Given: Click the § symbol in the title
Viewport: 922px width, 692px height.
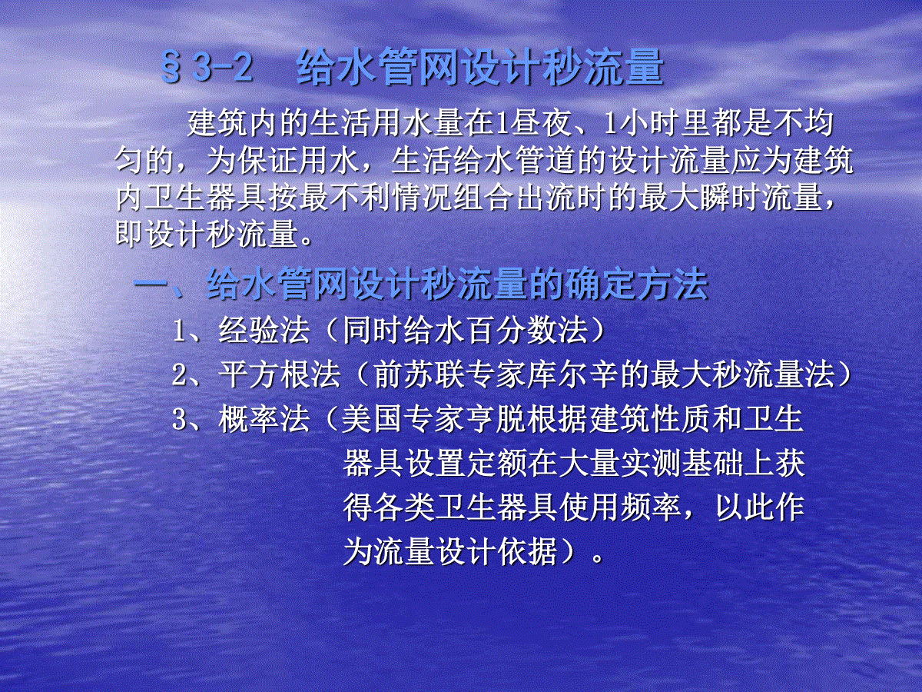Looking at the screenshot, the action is pyautogui.click(x=171, y=67).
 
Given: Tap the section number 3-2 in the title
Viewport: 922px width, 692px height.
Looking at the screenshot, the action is pyautogui.click(x=223, y=67).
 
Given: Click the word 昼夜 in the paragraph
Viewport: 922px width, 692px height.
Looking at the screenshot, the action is pyautogui.click(x=542, y=123).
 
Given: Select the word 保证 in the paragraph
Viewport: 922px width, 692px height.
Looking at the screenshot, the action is pyautogui.click(x=267, y=161).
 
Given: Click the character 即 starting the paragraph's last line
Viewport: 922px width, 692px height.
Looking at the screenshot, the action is pyautogui.click(x=130, y=234).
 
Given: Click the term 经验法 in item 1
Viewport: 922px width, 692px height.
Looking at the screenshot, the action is pyautogui.click(x=264, y=331).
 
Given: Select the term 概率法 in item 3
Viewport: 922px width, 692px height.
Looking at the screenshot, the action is pyautogui.click(x=264, y=419).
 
